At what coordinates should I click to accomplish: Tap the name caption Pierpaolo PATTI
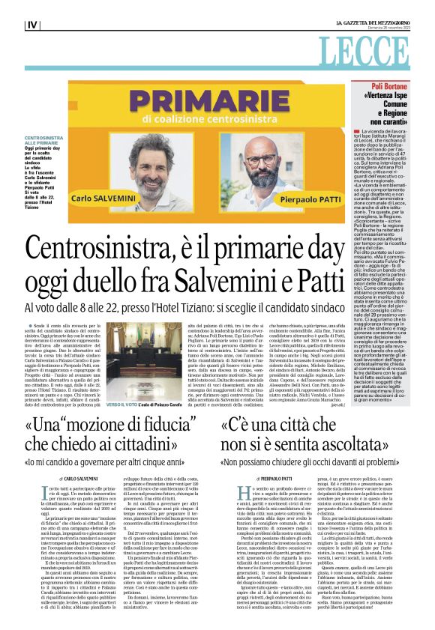pyautogui.click(x=286, y=202)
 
